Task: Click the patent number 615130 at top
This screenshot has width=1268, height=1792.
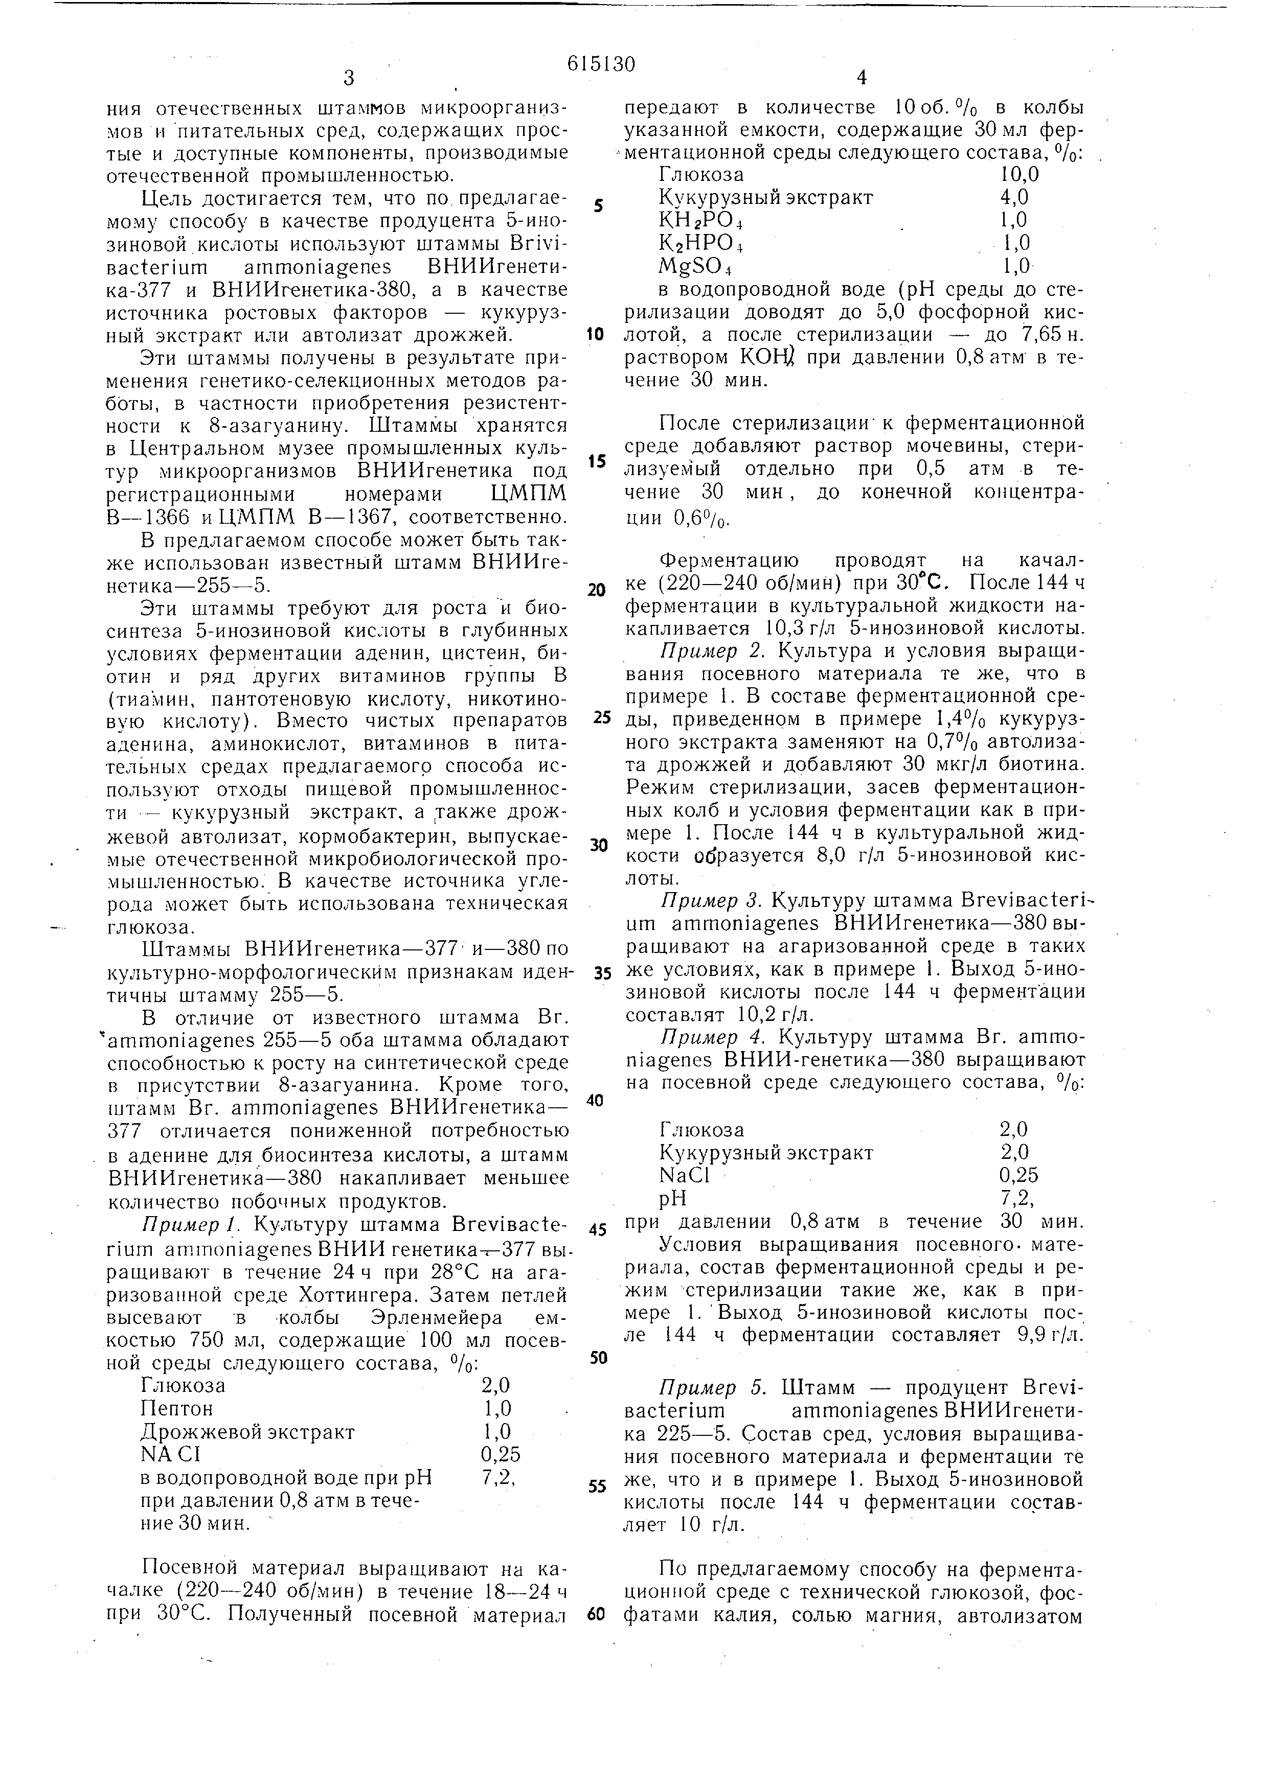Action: click(x=601, y=64)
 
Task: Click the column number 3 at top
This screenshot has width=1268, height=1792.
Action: click(x=349, y=78)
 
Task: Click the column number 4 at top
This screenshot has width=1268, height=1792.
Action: click(x=861, y=78)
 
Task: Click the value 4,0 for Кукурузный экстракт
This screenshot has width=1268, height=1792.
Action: click(x=1014, y=197)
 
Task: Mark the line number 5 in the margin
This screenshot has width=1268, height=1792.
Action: click(x=598, y=206)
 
